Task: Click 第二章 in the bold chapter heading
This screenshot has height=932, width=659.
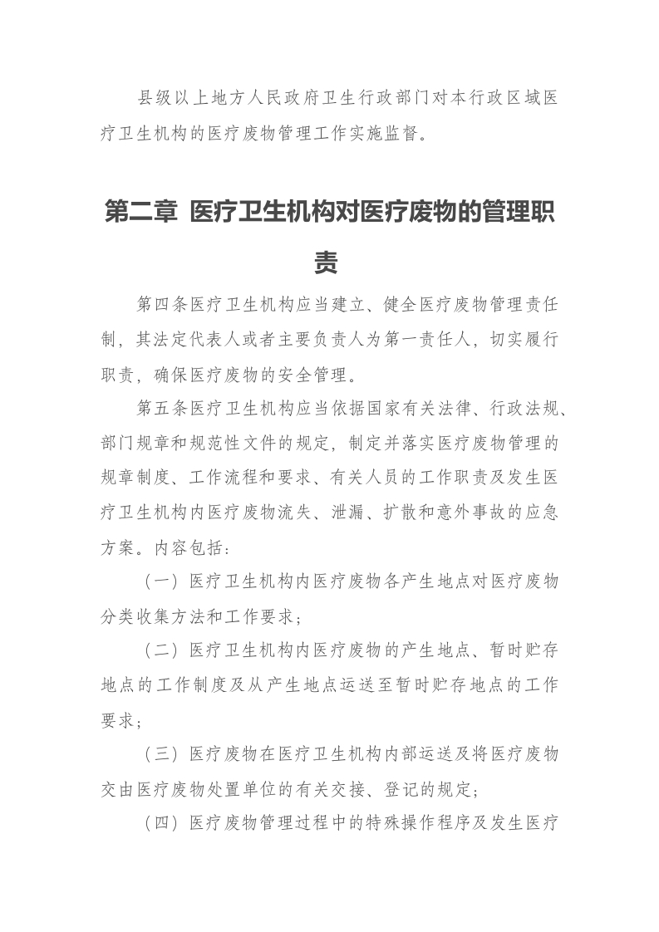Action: click(x=141, y=213)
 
